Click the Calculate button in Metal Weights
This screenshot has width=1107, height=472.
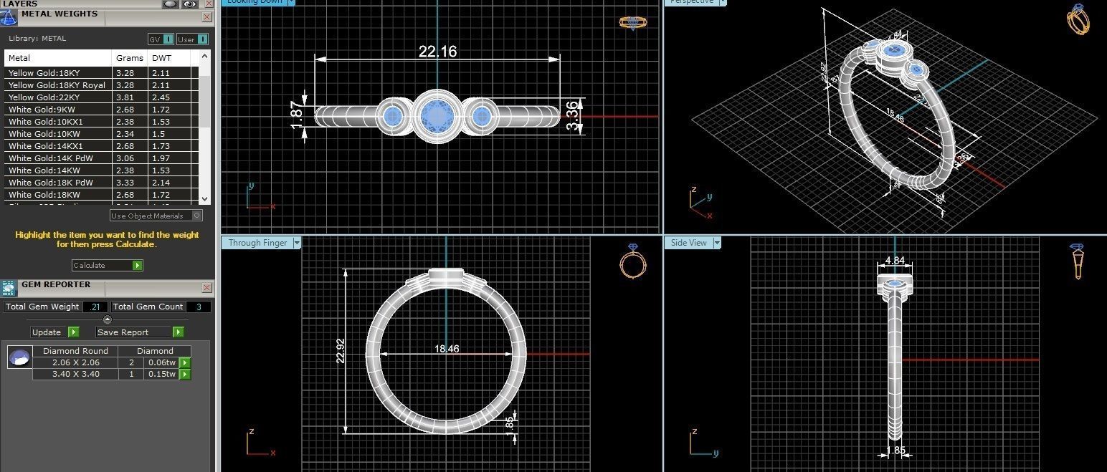[107, 265]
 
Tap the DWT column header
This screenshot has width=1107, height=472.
[160, 58]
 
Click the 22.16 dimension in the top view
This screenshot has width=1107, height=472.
[437, 52]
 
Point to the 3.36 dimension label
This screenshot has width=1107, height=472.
[572, 115]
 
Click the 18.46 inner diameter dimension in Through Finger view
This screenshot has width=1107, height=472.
[446, 349]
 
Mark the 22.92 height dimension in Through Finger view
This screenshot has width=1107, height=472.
[340, 351]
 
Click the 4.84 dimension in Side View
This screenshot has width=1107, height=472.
[895, 261]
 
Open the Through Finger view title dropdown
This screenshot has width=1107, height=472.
[297, 243]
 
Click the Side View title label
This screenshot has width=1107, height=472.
[688, 243]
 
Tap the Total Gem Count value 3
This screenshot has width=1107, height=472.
[199, 307]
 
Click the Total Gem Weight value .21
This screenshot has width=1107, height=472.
[94, 307]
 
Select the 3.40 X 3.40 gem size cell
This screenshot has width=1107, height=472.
[75, 374]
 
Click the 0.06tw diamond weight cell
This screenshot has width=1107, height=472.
[161, 362]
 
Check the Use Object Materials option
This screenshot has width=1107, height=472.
[197, 216]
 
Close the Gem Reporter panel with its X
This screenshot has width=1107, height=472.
[207, 287]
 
